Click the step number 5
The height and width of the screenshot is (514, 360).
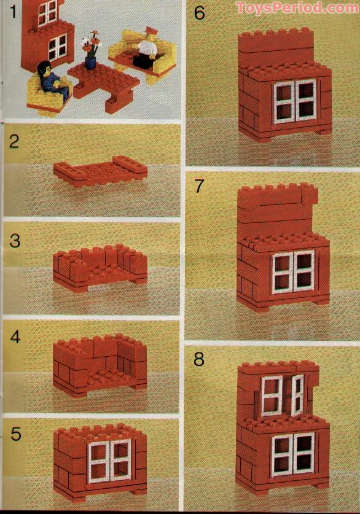(15, 434)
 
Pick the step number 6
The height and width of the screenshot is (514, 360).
(199, 13)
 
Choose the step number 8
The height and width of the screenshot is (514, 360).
(198, 359)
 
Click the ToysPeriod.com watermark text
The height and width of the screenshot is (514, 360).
(297, 8)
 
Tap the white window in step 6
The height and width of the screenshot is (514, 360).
(294, 101)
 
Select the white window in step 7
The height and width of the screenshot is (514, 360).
(293, 271)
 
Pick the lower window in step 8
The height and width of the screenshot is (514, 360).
(292, 454)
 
